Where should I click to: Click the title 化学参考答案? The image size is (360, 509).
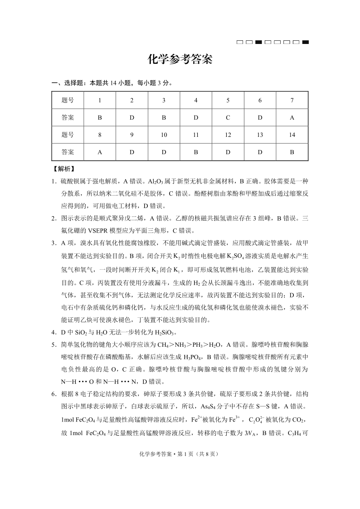coord(180,60)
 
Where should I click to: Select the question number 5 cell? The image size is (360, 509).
coord(228,100)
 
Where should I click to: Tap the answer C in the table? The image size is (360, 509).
coord(228,117)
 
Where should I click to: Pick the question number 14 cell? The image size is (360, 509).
coord(292,135)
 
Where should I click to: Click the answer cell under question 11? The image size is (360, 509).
coord(196,152)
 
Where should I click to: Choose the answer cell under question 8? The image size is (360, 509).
coord(99,152)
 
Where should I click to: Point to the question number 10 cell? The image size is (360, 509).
coord(164,135)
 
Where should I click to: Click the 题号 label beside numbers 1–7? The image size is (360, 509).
coord(68,100)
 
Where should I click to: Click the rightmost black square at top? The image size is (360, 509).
coord(306,43)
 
